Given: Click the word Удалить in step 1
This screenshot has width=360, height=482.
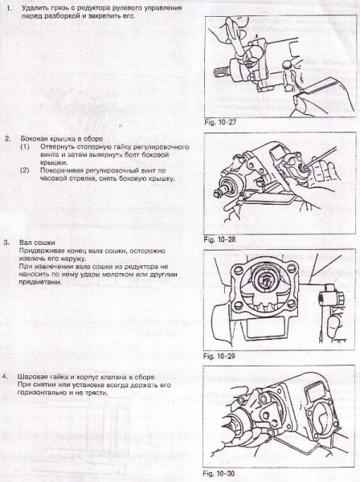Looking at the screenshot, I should (36, 7).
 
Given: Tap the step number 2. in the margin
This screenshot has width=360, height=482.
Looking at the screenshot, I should (7, 138).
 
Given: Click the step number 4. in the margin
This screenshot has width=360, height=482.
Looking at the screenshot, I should (7, 375).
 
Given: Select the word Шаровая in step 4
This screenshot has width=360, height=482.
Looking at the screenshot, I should (37, 376).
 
